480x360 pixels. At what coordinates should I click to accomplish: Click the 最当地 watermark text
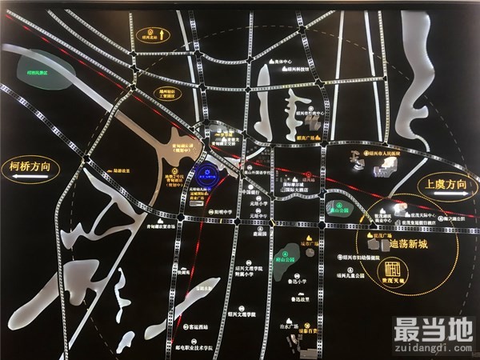(x=432, y=328)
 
